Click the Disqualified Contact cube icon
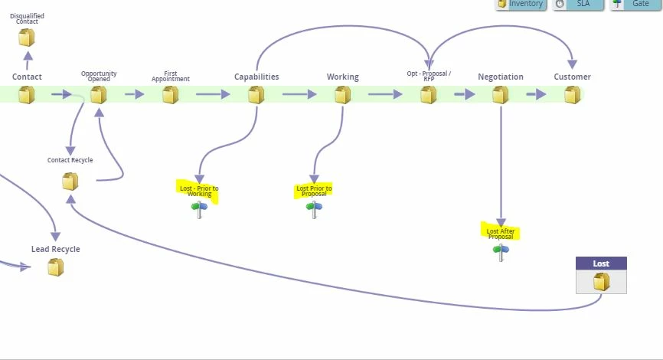click(27, 38)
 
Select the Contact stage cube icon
click(27, 95)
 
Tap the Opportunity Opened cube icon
click(99, 95)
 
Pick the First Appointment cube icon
click(171, 95)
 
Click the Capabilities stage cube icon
click(256, 95)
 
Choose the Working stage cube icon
click(342, 95)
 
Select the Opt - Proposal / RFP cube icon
click(429, 95)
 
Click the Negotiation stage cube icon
click(501, 95)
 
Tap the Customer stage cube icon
click(573, 95)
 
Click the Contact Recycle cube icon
click(70, 182)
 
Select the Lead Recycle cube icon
click(56, 267)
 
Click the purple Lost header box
click(601, 263)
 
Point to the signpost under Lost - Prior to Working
click(200, 210)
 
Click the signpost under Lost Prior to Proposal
click(314, 210)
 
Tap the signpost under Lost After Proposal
click(501, 253)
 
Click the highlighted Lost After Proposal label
click(501, 233)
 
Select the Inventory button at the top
click(521, 4)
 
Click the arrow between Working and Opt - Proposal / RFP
click(385, 95)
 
